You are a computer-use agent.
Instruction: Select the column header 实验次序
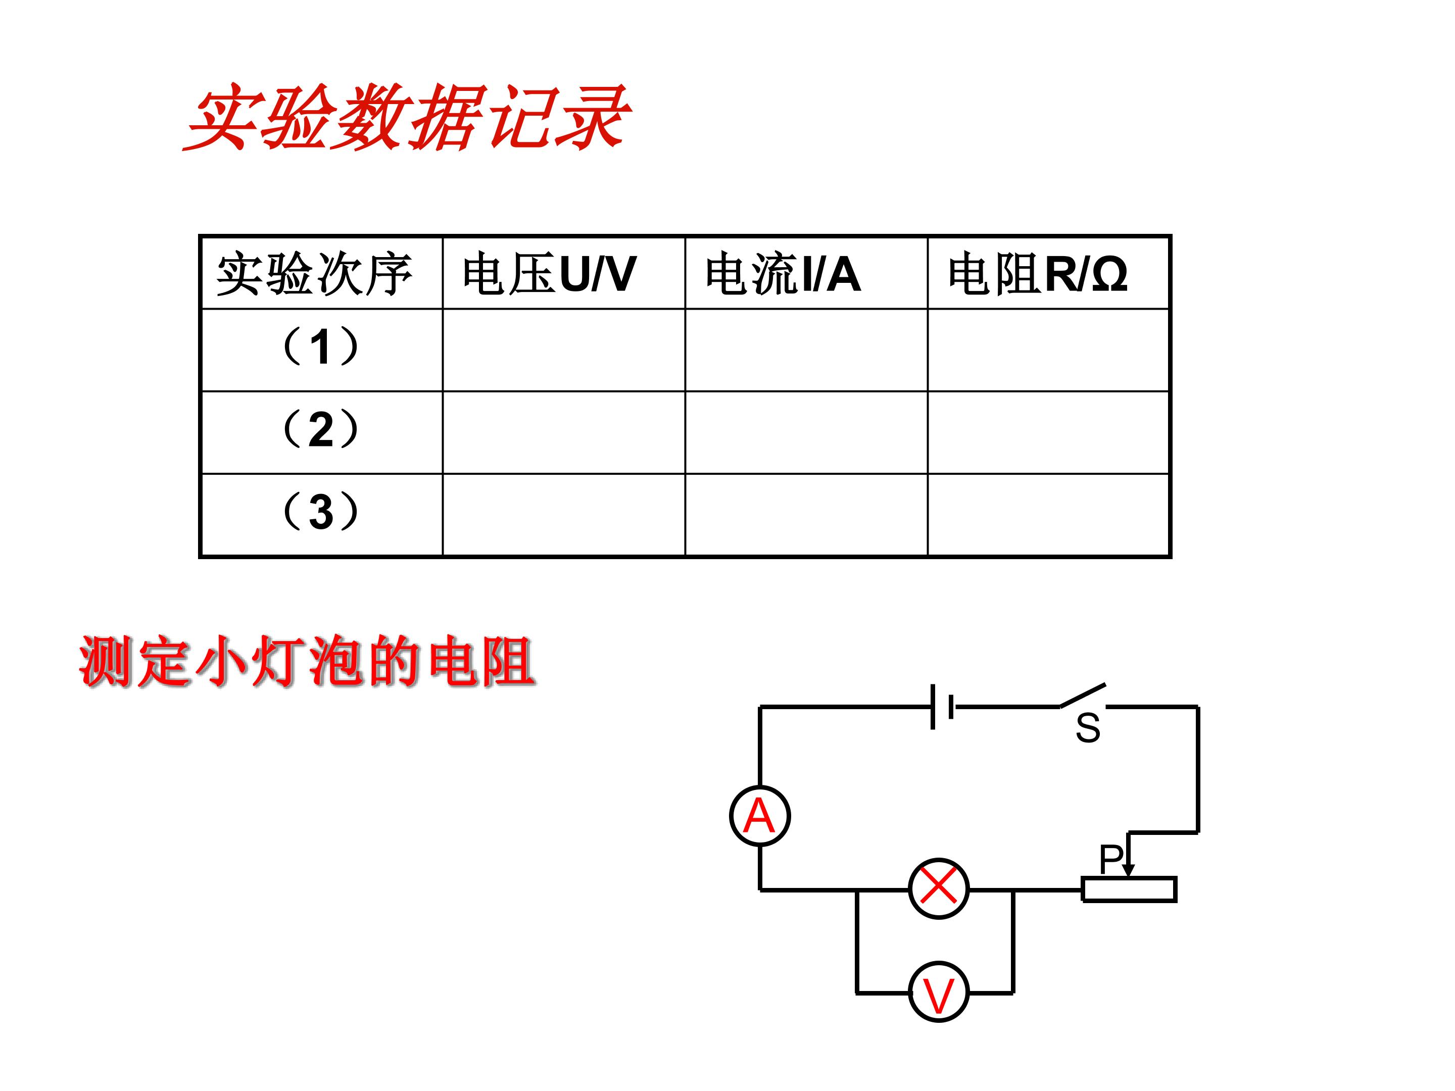[x=314, y=274]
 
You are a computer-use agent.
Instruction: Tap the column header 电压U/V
[x=549, y=274]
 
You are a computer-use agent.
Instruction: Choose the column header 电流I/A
[x=783, y=274]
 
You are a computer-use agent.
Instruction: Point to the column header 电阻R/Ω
[x=1038, y=274]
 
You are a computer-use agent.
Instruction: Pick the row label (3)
[x=320, y=511]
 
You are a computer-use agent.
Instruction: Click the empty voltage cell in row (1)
[x=564, y=351]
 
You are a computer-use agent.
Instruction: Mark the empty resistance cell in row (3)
[x=1048, y=515]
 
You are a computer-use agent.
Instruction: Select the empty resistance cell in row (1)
[x=1048, y=351]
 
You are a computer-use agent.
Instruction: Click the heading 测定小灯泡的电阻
[x=307, y=662]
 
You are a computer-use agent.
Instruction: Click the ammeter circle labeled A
[x=760, y=816]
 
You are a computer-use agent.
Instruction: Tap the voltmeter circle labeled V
[x=939, y=993]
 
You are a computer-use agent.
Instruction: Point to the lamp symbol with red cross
[x=939, y=888]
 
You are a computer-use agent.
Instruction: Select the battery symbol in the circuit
[x=942, y=707]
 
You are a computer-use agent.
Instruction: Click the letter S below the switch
[x=1088, y=729]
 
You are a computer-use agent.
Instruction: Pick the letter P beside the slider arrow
[x=1111, y=859]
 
